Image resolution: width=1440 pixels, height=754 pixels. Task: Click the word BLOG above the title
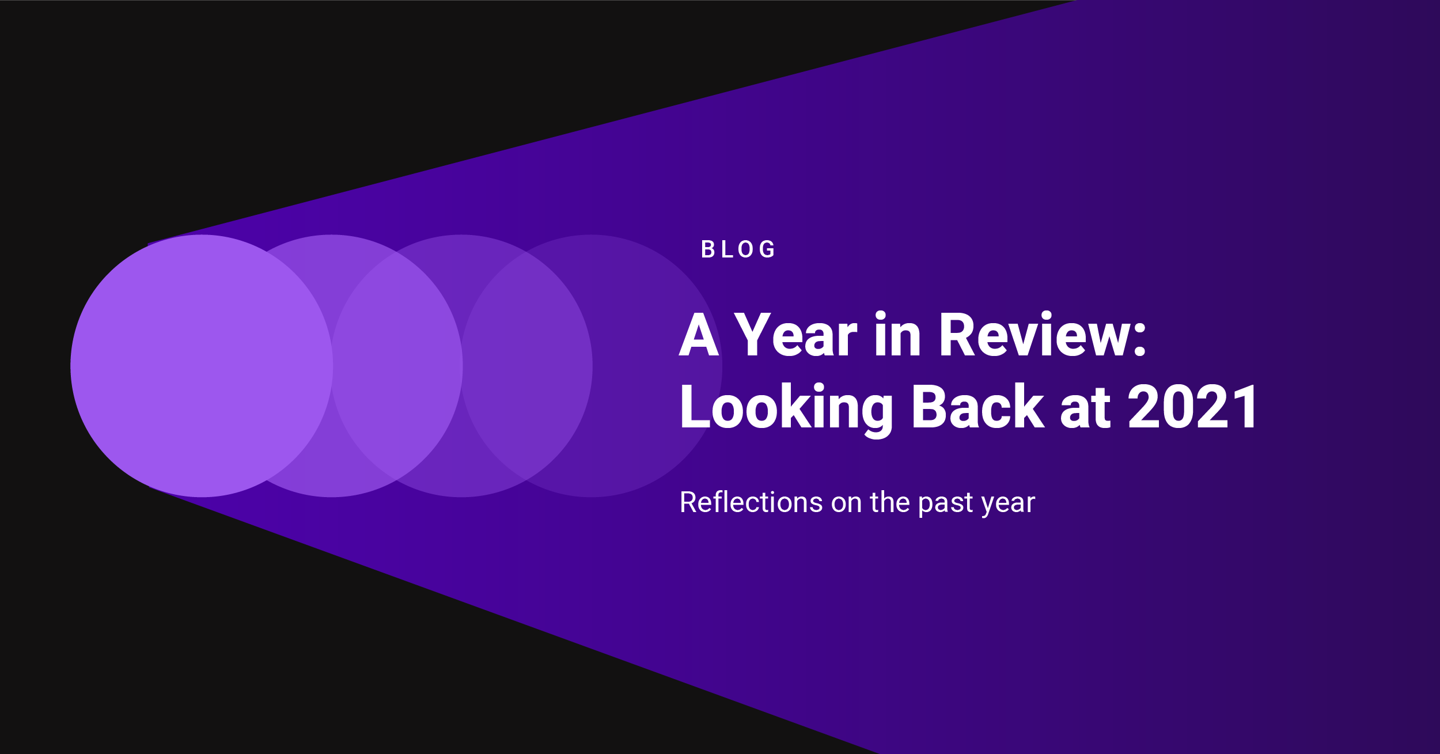pyautogui.click(x=738, y=249)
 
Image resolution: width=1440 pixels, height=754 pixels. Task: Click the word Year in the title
pyautogui.click(x=795, y=335)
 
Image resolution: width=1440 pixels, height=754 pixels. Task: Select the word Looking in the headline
pyautogui.click(x=786, y=408)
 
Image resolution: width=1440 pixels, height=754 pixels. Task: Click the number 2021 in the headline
pyautogui.click(x=1193, y=407)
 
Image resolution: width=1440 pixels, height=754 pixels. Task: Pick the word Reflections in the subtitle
pyautogui.click(x=751, y=502)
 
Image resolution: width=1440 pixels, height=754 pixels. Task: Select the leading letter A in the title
pyautogui.click(x=699, y=335)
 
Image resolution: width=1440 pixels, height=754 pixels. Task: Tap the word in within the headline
pyautogui.click(x=897, y=335)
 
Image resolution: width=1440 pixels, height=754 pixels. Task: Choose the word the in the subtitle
pyautogui.click(x=890, y=502)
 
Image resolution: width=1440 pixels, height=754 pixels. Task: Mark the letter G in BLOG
pyautogui.click(x=767, y=249)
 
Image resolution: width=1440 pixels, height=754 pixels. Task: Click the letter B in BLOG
pyautogui.click(x=707, y=249)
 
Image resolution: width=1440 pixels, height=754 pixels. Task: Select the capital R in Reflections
pyautogui.click(x=688, y=502)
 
